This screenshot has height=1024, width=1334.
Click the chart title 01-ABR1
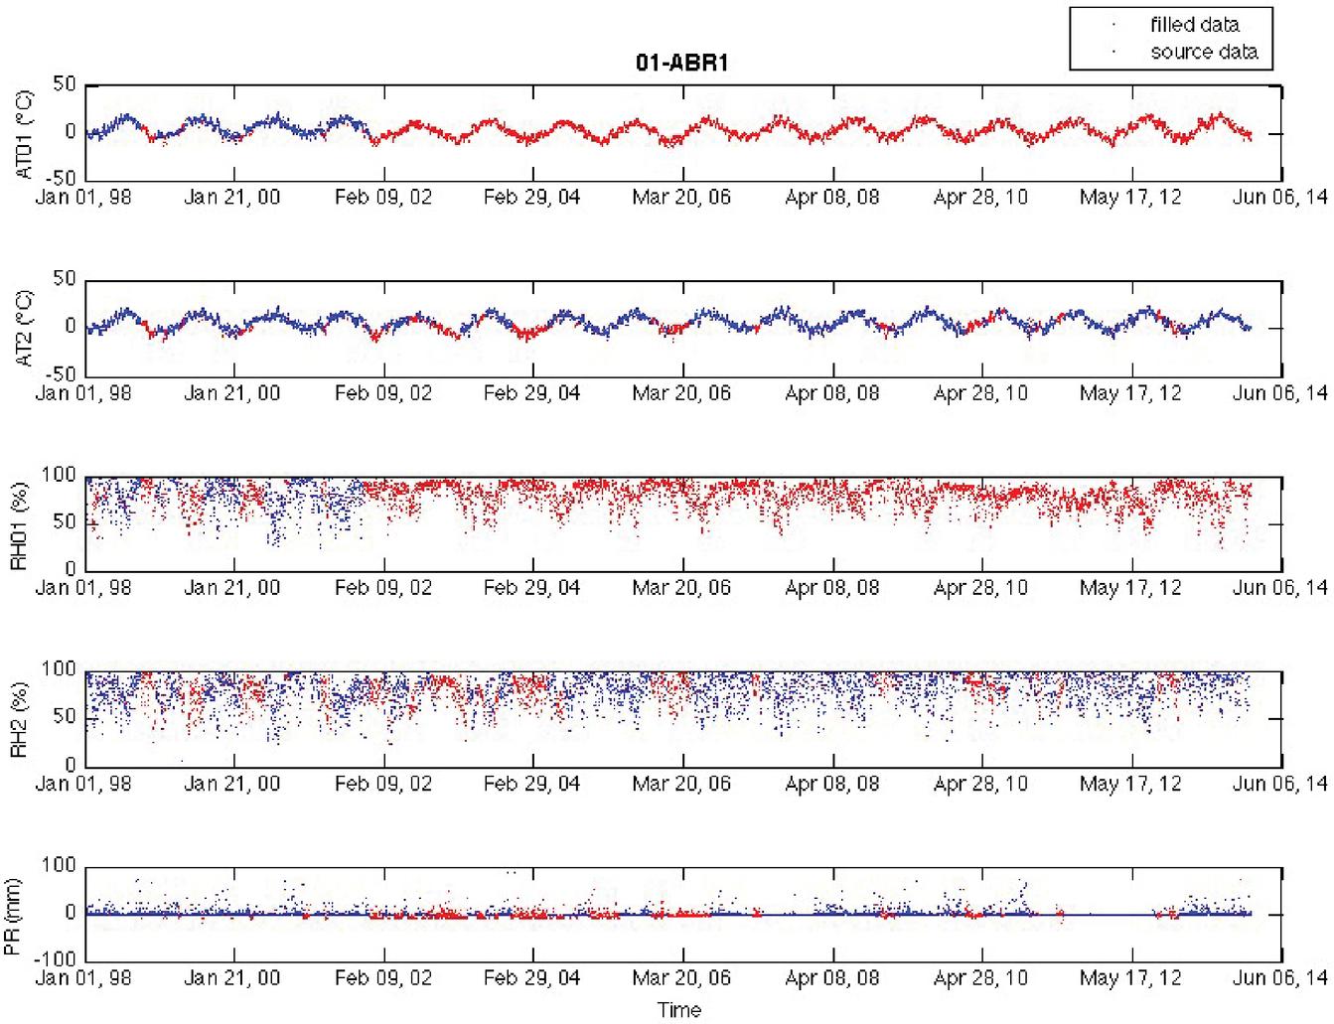(683, 63)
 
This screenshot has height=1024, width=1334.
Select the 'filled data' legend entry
(1194, 25)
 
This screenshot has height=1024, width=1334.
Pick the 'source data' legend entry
(1204, 52)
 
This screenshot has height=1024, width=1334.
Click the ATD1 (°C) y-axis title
(24, 134)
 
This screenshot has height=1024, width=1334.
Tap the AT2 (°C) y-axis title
(24, 328)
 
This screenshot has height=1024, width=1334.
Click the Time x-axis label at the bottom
(679, 1010)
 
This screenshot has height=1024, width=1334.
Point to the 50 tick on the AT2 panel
(65, 279)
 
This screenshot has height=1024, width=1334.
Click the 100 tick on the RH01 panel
(59, 474)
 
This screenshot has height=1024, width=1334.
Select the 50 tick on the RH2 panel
(65, 717)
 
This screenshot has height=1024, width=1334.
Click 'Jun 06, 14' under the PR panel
(1279, 978)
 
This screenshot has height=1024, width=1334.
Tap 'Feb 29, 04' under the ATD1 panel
(531, 197)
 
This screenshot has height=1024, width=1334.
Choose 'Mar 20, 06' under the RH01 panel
(681, 587)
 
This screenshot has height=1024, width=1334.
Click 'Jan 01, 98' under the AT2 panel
(83, 392)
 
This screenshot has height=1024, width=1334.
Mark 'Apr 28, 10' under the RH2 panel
(980, 784)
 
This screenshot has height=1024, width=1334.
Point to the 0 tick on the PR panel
(71, 913)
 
